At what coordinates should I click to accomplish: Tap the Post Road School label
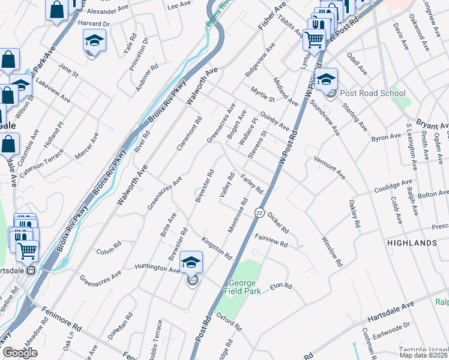(x=372, y=94)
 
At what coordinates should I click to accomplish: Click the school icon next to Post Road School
(x=326, y=80)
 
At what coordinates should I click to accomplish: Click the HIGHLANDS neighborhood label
(x=412, y=243)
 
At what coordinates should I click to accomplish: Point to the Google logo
(x=20, y=353)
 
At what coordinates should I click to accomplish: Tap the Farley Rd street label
(x=252, y=184)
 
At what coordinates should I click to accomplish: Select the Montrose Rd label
(x=238, y=216)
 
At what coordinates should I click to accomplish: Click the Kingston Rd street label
(x=217, y=247)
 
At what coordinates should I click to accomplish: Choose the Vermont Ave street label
(x=330, y=167)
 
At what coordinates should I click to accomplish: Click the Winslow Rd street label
(x=332, y=251)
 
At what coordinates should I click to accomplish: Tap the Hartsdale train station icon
(x=32, y=270)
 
